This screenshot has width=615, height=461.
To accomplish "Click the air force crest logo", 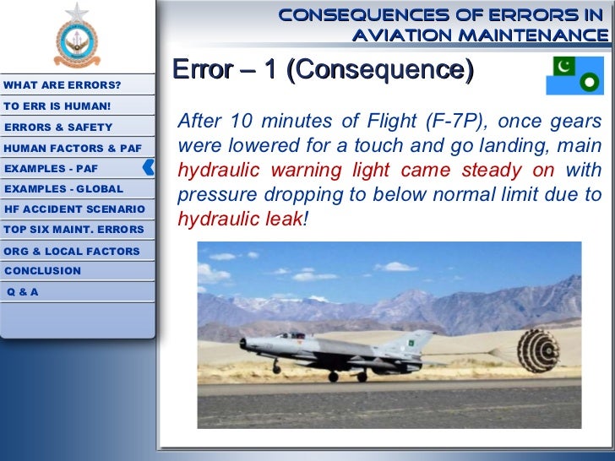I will (77, 37).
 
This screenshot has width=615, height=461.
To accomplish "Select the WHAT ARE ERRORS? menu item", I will (63, 86).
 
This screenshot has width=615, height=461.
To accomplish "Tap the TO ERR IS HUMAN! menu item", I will (57, 106).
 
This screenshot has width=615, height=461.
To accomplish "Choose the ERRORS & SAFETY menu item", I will (58, 127).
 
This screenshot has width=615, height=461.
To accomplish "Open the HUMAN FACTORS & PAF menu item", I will (73, 148).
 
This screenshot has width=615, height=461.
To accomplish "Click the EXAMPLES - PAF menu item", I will (52, 168).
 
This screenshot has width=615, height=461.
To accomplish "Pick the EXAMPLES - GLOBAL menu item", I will (63, 189).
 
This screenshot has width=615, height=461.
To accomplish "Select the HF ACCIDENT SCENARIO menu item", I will (74, 209).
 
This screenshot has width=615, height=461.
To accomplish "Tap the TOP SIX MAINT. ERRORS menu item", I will (73, 230).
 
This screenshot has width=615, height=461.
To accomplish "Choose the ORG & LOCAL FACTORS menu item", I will (72, 251).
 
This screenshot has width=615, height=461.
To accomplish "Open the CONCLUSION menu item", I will (43, 271).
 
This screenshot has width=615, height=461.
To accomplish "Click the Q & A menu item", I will (23, 292).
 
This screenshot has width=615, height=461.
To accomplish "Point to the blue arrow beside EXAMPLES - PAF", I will (149, 167).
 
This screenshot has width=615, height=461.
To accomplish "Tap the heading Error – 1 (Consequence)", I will (322, 70).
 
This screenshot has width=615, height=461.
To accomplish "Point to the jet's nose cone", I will (244, 343).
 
